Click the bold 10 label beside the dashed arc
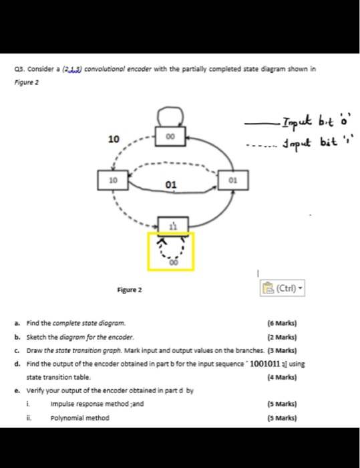click(x=114, y=139)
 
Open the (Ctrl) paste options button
click(x=281, y=289)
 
